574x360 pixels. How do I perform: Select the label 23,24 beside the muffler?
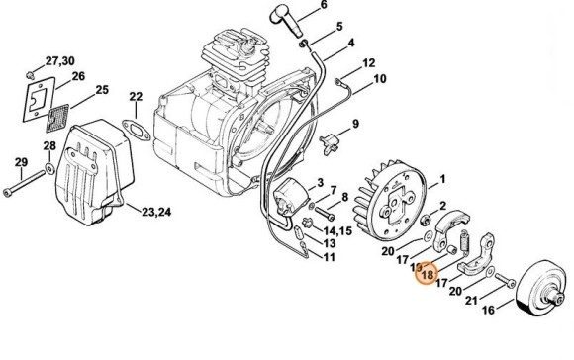(x=161, y=211)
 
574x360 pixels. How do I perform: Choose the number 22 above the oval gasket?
(x=136, y=96)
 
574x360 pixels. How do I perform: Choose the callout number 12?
(x=368, y=63)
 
